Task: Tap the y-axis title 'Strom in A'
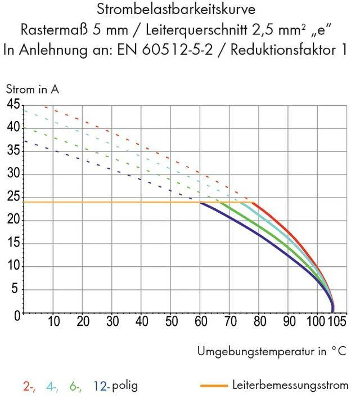[x=32, y=89]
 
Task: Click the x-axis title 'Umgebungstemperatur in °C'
[x=271, y=351]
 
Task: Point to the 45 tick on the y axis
[x=13, y=105]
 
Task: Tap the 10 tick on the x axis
[x=54, y=322]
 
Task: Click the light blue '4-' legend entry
[x=52, y=386]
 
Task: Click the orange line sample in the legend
[x=213, y=386]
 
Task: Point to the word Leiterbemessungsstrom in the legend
[x=290, y=386]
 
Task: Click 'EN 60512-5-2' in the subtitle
[x=163, y=50]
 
